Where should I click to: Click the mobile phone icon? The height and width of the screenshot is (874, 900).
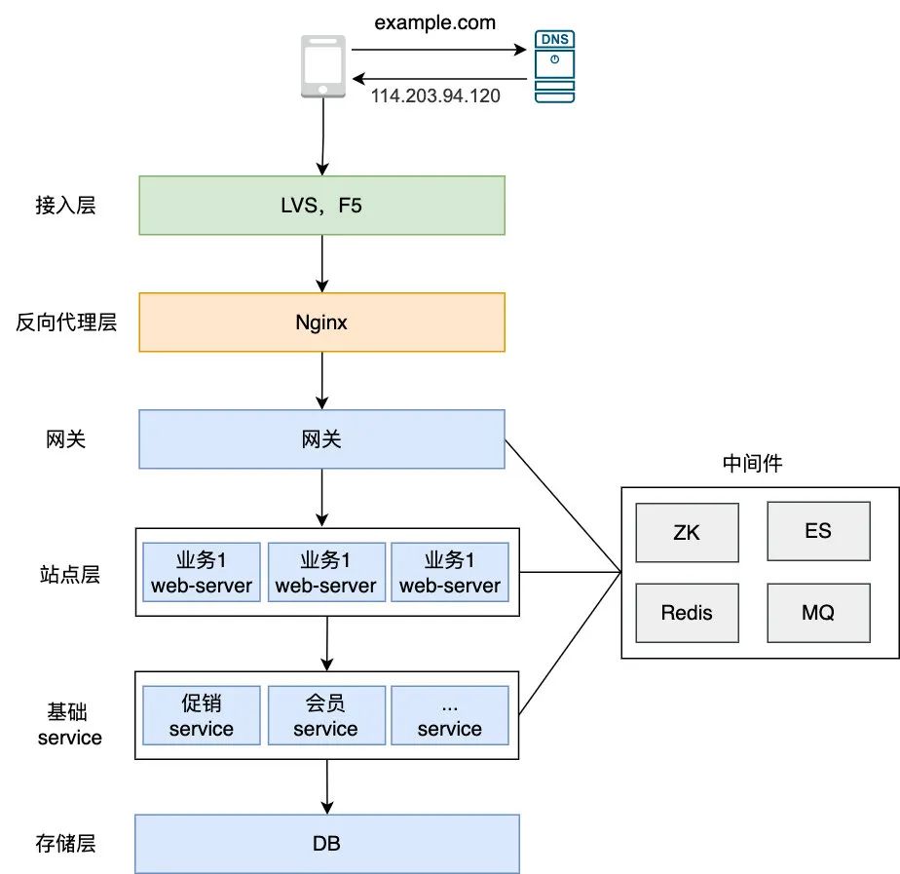[x=322, y=65]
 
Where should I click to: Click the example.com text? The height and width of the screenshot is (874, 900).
[x=435, y=22]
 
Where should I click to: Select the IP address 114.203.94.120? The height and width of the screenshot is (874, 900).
[x=435, y=96]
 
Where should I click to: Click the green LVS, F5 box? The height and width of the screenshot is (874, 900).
[x=322, y=205]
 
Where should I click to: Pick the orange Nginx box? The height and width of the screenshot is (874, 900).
[x=322, y=322]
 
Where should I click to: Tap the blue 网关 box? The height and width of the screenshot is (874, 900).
[x=322, y=438]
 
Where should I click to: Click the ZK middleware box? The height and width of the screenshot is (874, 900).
[x=686, y=532]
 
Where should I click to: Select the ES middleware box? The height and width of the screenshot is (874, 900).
[x=818, y=531]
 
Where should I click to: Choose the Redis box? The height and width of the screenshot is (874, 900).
[x=686, y=613]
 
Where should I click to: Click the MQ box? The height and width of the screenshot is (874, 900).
[x=818, y=613]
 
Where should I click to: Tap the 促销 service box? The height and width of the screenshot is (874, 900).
[x=202, y=715]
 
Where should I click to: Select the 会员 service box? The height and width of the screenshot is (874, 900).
[x=325, y=715]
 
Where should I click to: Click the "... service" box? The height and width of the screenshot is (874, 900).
[x=449, y=715]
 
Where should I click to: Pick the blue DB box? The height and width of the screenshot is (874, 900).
[x=327, y=844]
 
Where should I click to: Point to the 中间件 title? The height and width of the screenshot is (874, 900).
[x=752, y=464]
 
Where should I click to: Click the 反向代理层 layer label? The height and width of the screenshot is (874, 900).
[x=66, y=322]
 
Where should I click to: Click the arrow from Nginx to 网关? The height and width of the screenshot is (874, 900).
[x=322, y=380]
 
